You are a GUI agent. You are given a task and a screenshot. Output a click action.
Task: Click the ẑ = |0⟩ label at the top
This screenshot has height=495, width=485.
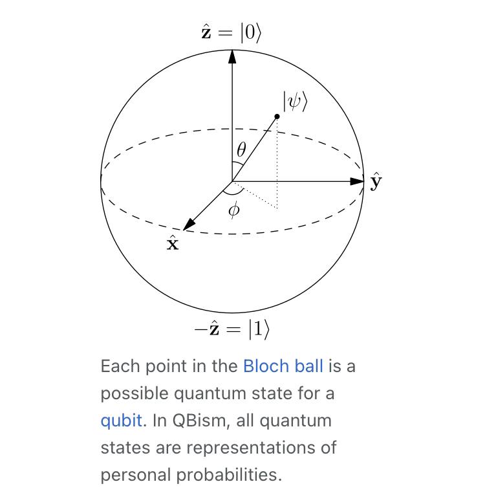[232, 32]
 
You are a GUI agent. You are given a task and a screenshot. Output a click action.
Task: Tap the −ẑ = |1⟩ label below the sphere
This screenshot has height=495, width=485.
[232, 329]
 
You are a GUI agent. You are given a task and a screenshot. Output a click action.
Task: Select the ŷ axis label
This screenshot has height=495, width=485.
[376, 182]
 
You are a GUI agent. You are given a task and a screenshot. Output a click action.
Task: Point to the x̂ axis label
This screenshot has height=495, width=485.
[173, 243]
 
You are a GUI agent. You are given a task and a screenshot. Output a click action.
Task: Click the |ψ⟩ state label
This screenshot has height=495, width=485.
[295, 101]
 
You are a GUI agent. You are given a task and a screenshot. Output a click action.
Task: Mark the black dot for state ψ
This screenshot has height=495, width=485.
[277, 116]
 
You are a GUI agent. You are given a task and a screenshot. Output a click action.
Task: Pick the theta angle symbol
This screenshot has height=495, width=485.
[241, 149]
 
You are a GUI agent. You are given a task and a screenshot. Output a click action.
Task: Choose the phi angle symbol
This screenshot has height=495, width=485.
[234, 210]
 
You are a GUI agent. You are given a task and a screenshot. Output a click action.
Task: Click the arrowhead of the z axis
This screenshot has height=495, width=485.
[232, 56]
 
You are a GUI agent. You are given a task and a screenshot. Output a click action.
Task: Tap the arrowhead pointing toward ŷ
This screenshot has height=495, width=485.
[357, 182]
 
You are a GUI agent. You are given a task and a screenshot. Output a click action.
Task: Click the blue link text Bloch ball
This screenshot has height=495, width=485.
[283, 366]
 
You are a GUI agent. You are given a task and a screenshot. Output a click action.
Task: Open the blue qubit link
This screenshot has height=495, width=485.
[122, 421]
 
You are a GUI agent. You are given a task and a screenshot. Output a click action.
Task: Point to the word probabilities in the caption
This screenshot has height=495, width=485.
[229, 475]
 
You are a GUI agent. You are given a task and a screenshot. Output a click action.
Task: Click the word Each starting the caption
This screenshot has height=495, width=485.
[120, 366]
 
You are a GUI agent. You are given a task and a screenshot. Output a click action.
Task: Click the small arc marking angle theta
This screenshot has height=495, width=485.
[238, 163]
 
